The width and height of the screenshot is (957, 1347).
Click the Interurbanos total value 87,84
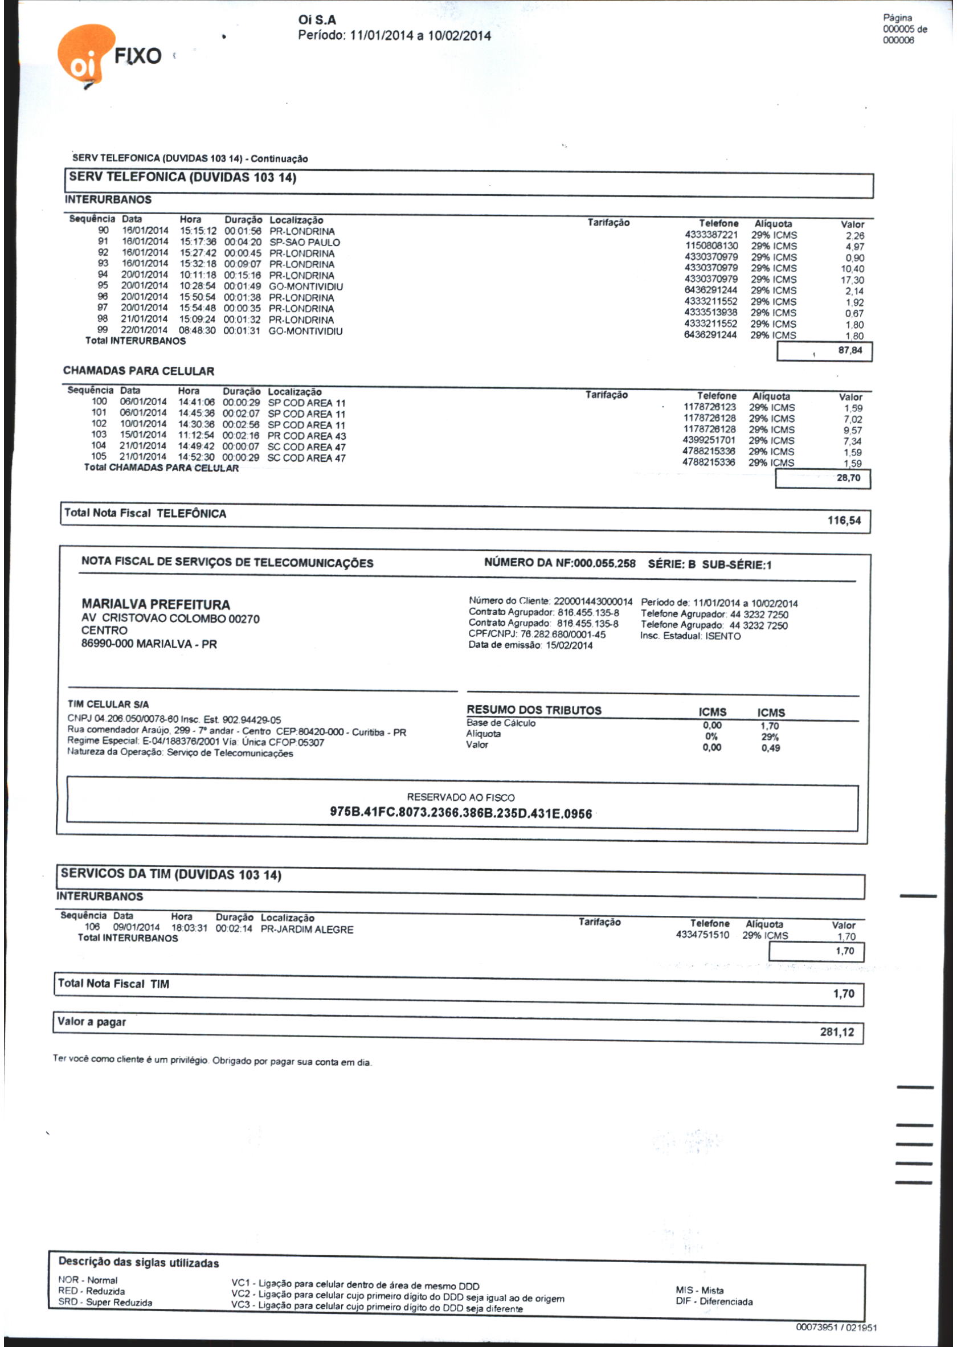pyautogui.click(x=850, y=351)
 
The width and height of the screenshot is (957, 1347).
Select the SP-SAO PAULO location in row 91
pyautogui.click(x=305, y=242)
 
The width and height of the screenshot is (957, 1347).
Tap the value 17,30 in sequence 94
pyautogui.click(x=852, y=280)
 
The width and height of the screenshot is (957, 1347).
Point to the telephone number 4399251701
pyautogui.click(x=710, y=440)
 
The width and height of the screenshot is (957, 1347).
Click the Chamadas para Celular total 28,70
pyautogui.click(x=848, y=478)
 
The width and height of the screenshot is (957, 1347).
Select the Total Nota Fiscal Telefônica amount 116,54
pyautogui.click(x=844, y=521)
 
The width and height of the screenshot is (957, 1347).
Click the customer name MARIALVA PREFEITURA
pyautogui.click(x=156, y=604)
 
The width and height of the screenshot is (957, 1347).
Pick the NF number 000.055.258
pyautogui.click(x=604, y=563)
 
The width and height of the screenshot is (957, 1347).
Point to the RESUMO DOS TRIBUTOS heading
pyautogui.click(x=534, y=710)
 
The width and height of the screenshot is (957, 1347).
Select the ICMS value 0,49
pyautogui.click(x=770, y=748)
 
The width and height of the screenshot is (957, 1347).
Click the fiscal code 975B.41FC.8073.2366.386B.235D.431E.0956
pyautogui.click(x=461, y=814)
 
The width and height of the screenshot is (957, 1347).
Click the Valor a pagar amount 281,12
pyautogui.click(x=837, y=1032)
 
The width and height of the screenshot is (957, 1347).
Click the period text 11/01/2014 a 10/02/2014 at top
pyautogui.click(x=420, y=36)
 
